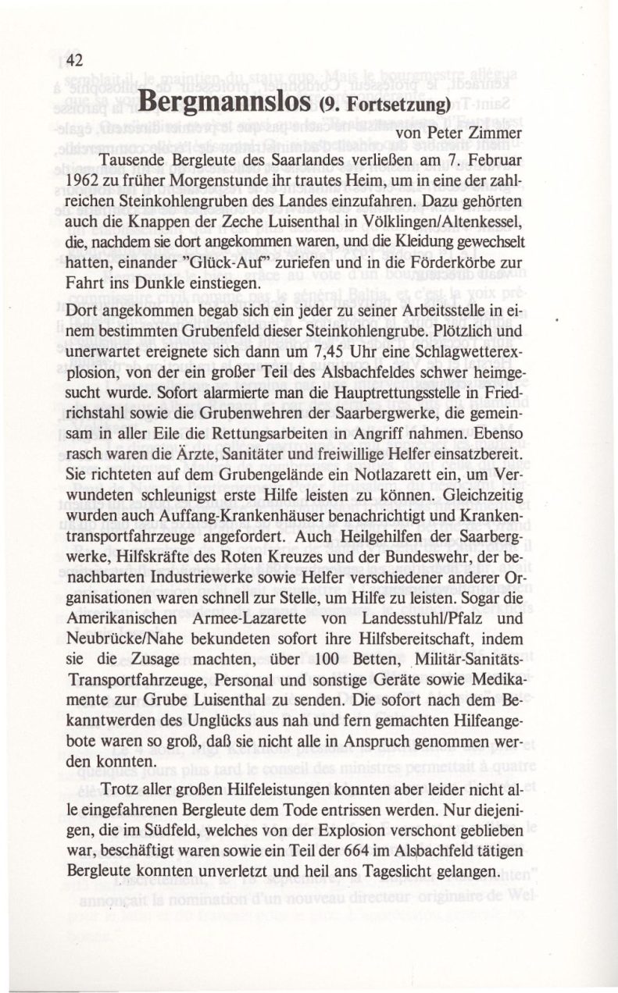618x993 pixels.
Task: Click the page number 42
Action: coord(74,60)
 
